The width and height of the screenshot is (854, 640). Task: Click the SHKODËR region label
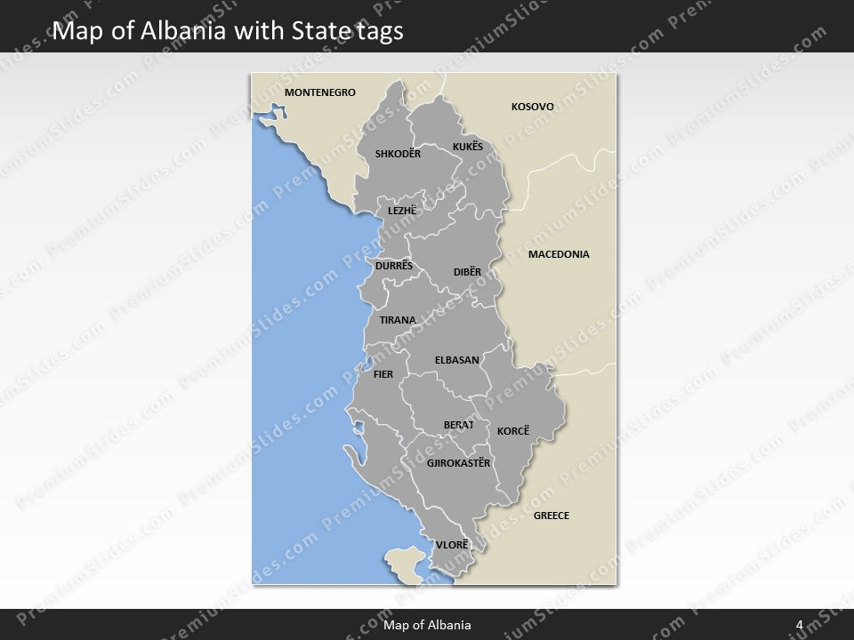point(398,154)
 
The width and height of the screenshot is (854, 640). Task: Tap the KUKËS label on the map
point(468,147)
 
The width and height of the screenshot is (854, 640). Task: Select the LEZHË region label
point(402,212)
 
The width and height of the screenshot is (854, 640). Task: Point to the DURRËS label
point(394,266)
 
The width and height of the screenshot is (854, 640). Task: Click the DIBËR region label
point(467,271)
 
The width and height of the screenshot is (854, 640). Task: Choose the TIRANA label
point(398,320)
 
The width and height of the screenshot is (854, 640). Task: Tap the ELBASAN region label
point(457,360)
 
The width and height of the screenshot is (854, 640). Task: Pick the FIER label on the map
point(383,374)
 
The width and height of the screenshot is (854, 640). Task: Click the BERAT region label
point(459,425)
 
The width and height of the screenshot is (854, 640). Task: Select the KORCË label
point(513,431)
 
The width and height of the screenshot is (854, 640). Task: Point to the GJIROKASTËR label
point(459,463)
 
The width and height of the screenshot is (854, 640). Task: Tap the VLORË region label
point(452,544)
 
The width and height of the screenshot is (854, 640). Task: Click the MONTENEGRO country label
point(320,92)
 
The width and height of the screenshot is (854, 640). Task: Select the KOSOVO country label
point(532,107)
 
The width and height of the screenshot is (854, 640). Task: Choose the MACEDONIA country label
point(559,254)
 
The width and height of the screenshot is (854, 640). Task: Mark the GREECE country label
point(552,516)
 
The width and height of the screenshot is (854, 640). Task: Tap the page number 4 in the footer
point(800,625)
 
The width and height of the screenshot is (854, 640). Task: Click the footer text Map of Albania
point(427,625)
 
